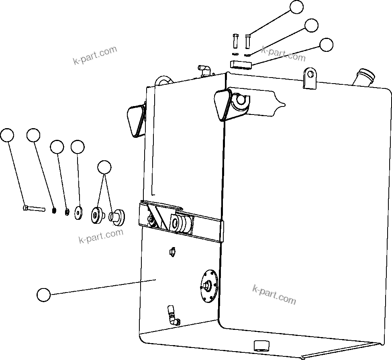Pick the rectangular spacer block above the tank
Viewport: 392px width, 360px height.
point(240,64)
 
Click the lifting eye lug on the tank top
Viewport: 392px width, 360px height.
point(310,77)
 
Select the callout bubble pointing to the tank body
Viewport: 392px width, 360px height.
point(43,295)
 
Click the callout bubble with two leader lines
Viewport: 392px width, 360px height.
point(104,167)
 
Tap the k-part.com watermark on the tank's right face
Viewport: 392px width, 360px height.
point(274,295)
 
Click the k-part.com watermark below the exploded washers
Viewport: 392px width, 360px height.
point(101,236)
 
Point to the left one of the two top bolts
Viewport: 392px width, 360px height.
point(235,41)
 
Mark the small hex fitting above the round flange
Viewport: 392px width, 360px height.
point(171,252)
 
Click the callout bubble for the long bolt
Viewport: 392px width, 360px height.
point(7,135)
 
